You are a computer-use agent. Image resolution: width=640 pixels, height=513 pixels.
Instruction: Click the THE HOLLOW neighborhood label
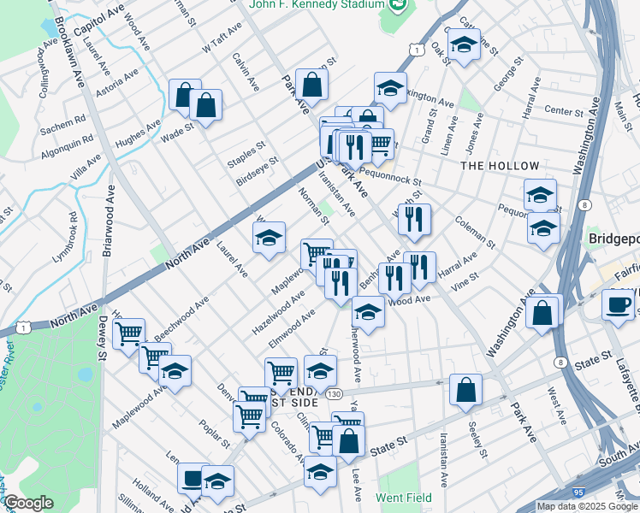(x=500, y=166)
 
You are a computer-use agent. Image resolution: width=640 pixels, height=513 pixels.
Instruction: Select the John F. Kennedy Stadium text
(x=316, y=5)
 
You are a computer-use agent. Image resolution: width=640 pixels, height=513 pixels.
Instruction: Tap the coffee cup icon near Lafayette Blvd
(x=617, y=304)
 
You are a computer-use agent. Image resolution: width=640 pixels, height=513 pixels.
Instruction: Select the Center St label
(x=563, y=111)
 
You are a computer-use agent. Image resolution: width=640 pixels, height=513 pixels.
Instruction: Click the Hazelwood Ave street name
(x=278, y=314)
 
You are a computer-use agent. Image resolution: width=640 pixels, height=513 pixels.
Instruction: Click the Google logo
(x=28, y=503)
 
